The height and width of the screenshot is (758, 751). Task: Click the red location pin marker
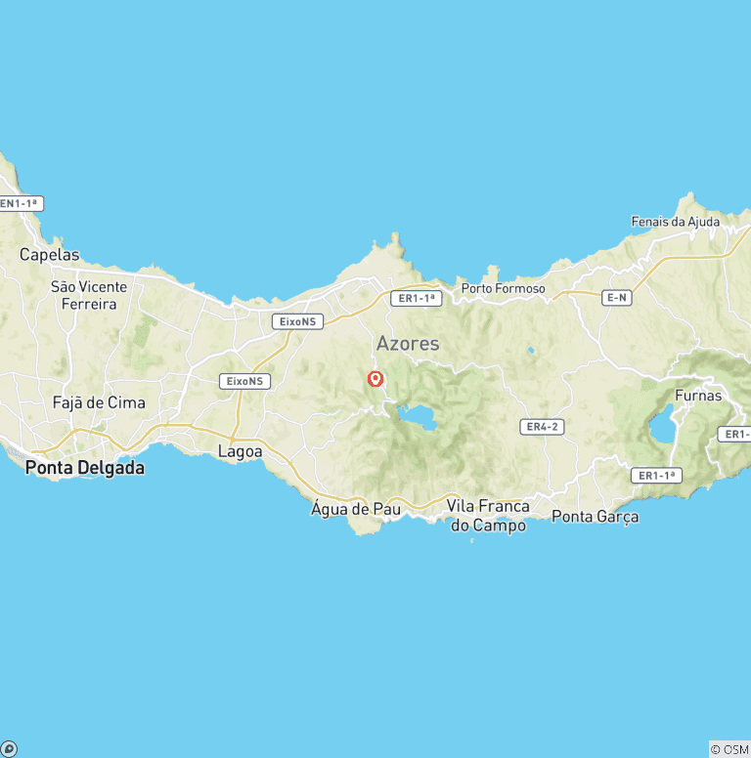[x=375, y=379]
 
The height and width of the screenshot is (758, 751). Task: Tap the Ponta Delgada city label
[x=85, y=468]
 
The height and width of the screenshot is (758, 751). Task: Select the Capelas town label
[x=50, y=255]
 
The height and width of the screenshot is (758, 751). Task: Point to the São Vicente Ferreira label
[x=89, y=295]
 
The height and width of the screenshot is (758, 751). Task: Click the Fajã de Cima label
[x=99, y=402]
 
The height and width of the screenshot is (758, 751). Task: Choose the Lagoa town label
[x=240, y=451]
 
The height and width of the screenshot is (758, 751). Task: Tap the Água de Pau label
[x=355, y=509]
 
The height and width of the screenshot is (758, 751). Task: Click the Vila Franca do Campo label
[x=488, y=516]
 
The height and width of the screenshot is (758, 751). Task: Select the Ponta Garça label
[x=595, y=516]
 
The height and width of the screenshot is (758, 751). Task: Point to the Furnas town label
[x=698, y=396]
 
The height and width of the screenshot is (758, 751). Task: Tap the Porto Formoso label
[x=504, y=288]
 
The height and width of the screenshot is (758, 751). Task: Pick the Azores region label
[x=408, y=344]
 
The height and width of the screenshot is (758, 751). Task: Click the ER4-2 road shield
[x=542, y=427]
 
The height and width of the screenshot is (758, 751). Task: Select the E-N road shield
[x=616, y=297]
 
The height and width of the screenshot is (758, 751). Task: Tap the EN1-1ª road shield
[x=21, y=204]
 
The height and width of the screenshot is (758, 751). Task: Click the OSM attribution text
[x=729, y=749]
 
